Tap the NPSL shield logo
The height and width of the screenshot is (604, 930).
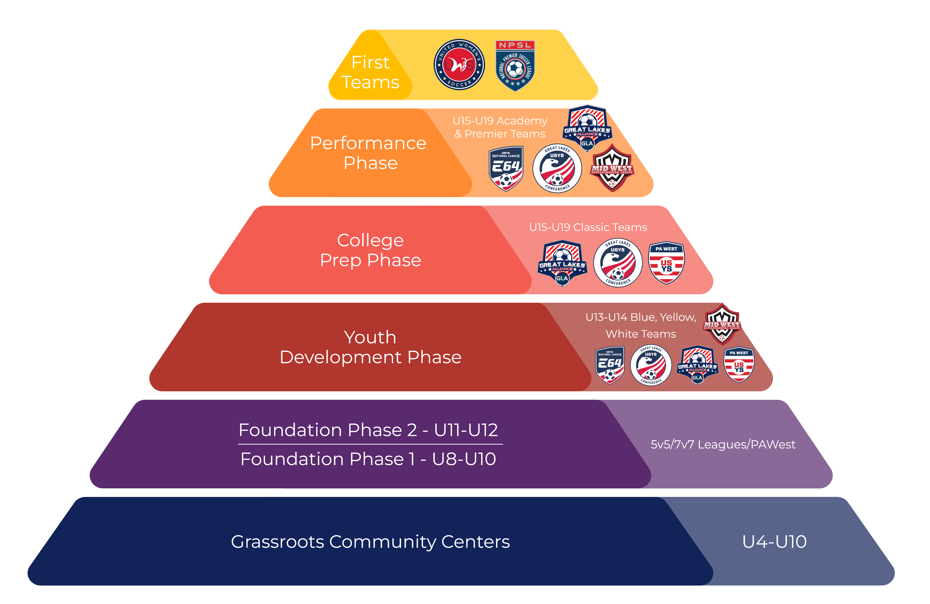coord(515,66)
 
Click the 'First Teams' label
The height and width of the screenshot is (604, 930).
coord(370,72)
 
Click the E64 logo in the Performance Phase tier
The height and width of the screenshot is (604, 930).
coord(506,169)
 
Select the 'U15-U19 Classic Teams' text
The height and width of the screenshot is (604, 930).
coord(588,227)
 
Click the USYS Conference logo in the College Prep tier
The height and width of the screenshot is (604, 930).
coord(618,263)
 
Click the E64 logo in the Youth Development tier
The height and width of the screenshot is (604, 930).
coord(609,365)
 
